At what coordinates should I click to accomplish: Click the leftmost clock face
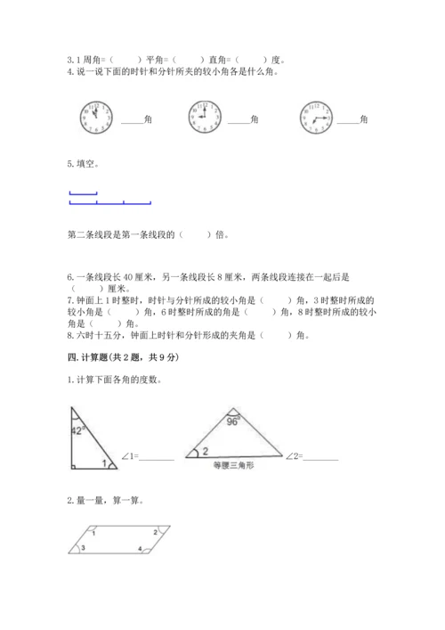(x=96, y=117)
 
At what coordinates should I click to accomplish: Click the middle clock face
(x=203, y=117)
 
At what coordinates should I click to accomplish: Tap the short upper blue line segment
(x=83, y=193)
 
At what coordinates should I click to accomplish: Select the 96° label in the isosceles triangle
(x=234, y=421)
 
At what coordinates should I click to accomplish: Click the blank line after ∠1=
(x=157, y=458)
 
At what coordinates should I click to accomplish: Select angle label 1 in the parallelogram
(x=93, y=532)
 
